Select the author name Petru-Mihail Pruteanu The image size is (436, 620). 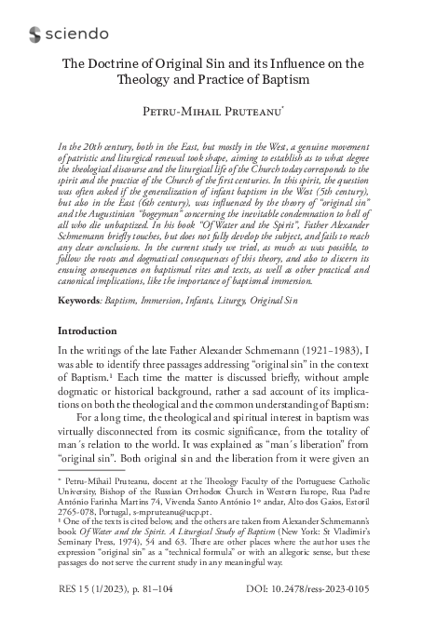pyautogui.click(x=217, y=112)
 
